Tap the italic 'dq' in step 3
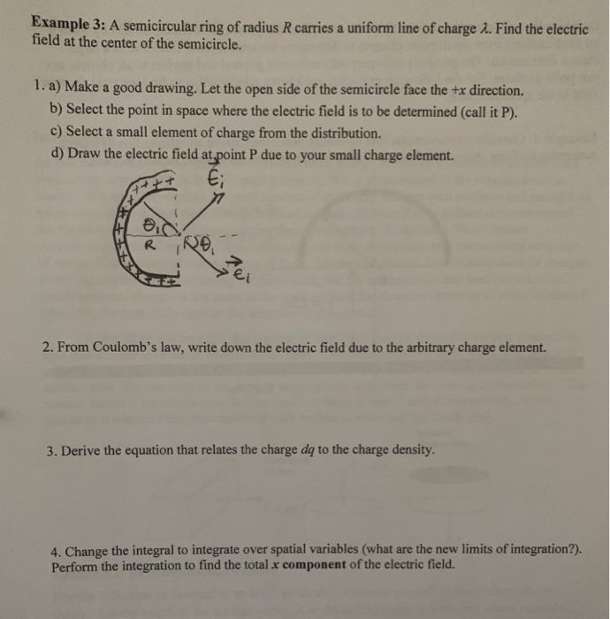click(x=349, y=449)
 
